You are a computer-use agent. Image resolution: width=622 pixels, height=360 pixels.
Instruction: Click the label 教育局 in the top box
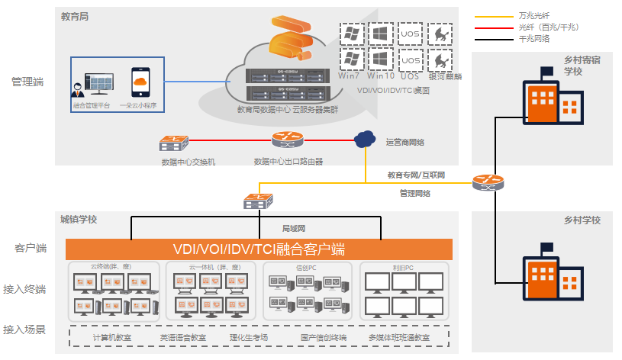click(x=75, y=16)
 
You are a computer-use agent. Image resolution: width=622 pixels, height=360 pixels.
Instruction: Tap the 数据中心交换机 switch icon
click(x=174, y=143)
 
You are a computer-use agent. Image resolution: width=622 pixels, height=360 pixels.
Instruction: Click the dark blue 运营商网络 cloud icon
click(x=365, y=139)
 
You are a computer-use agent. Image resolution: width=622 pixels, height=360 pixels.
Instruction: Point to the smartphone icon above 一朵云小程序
click(x=138, y=82)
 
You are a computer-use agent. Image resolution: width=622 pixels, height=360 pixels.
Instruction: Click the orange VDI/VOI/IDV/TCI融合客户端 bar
click(x=259, y=249)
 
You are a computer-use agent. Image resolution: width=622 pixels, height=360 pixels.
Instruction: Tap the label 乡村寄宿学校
click(x=583, y=65)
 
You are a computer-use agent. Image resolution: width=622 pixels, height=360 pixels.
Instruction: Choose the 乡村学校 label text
click(x=582, y=220)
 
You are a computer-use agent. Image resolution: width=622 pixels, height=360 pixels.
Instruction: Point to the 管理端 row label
click(x=28, y=82)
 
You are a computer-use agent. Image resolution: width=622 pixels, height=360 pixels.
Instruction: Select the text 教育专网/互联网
click(x=415, y=175)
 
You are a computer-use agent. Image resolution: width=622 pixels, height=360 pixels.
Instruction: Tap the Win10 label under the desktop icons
click(x=380, y=76)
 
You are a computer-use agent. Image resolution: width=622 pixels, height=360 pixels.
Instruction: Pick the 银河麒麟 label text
click(x=440, y=76)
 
